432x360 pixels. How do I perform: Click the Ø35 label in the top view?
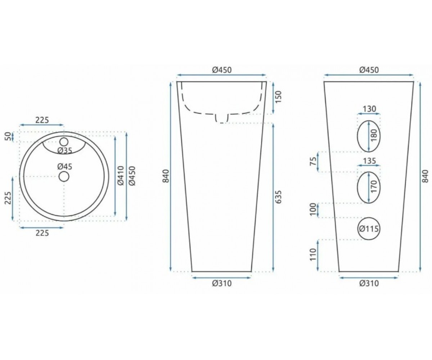(x=65, y=151)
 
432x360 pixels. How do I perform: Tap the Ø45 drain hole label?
(x=65, y=166)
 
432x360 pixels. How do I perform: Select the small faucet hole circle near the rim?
(x=64, y=142)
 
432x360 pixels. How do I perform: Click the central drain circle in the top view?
(x=64, y=176)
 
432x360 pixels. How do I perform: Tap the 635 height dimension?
(x=279, y=197)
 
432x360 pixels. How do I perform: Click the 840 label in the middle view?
(x=166, y=176)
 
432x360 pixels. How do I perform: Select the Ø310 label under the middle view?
(x=222, y=283)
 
